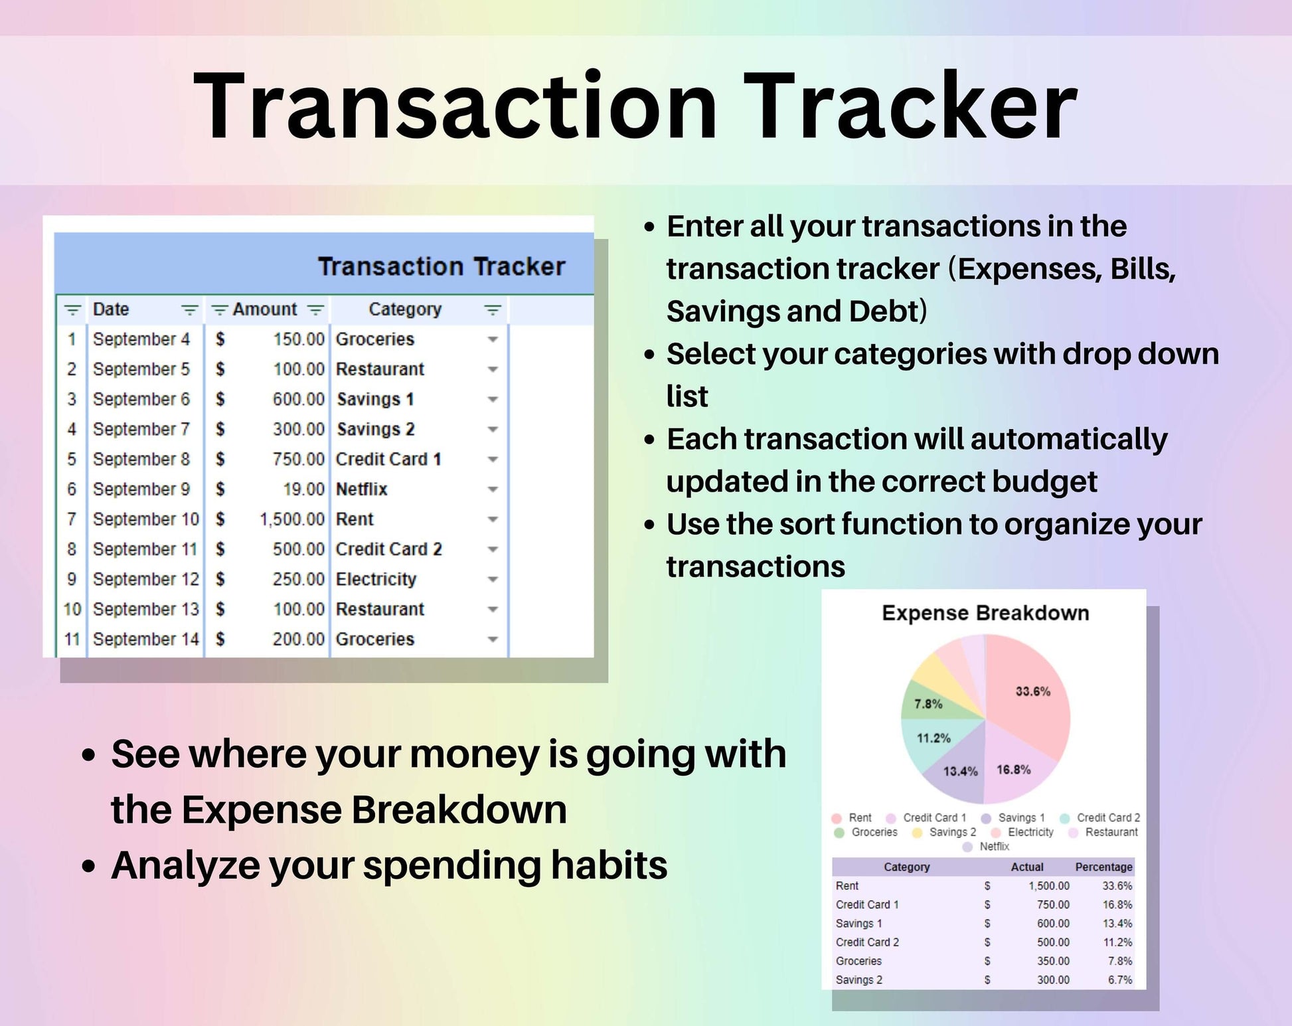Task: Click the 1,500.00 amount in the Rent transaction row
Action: coord(291,519)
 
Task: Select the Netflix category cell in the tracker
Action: coord(361,489)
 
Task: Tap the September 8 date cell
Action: coord(141,460)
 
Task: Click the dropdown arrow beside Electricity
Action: coord(493,580)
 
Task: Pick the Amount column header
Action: coord(264,309)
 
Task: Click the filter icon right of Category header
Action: coord(492,310)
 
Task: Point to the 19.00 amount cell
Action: coord(303,489)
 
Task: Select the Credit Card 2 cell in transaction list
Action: coord(388,549)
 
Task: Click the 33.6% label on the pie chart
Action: coord(1032,692)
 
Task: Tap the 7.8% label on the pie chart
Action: coord(928,704)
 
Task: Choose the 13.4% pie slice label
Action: coord(960,771)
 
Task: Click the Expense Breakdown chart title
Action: coord(985,613)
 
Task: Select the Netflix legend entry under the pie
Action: coord(994,847)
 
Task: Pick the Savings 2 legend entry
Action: coord(952,832)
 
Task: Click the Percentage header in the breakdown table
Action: coord(1103,867)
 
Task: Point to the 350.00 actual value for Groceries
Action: coord(1053,961)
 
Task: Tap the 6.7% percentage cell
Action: coord(1119,980)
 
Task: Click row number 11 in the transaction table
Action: coord(72,640)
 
